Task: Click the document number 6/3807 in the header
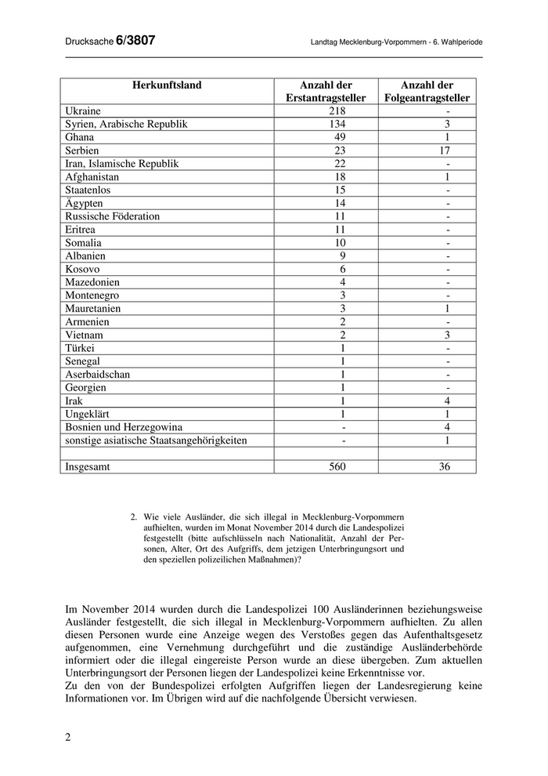[135, 42]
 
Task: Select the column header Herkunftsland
[167, 85]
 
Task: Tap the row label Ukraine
[84, 111]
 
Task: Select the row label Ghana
[81, 137]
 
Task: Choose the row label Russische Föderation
[113, 216]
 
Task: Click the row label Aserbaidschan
[98, 375]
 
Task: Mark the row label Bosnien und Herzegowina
[124, 427]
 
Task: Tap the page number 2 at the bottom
[67, 737]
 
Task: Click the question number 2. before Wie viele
[134, 517]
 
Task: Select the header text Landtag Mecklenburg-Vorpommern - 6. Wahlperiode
[396, 43]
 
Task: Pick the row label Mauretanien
[93, 309]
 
